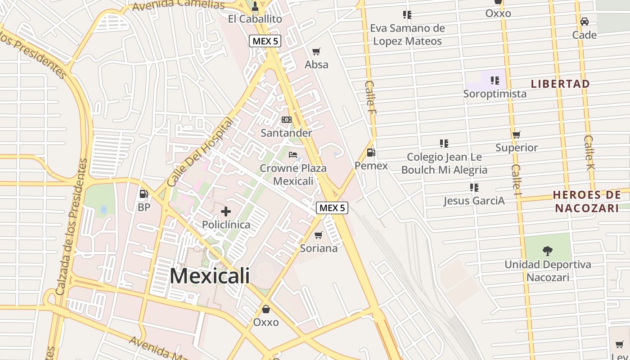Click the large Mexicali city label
click(210, 275)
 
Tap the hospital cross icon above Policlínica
click(226, 211)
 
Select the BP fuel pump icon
click(144, 194)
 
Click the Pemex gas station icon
click(371, 153)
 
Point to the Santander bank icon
click(286, 120)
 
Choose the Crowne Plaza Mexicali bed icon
click(293, 155)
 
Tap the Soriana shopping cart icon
click(319, 235)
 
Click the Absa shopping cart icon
click(316, 51)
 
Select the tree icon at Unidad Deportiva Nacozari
click(548, 251)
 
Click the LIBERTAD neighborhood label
click(560, 84)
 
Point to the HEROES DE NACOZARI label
click(587, 201)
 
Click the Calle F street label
click(371, 97)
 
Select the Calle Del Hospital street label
click(200, 153)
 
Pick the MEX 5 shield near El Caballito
click(265, 41)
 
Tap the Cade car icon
click(585, 22)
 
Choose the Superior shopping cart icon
click(517, 135)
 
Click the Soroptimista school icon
click(495, 81)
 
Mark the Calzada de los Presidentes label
click(71, 227)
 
